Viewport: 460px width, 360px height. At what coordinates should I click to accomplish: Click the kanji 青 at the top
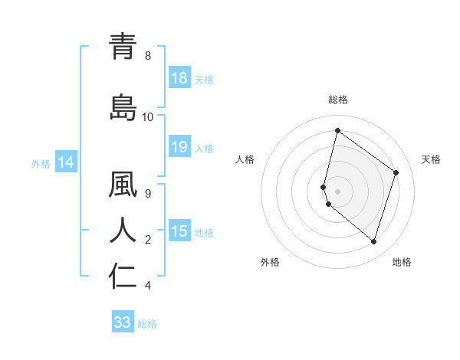(123, 47)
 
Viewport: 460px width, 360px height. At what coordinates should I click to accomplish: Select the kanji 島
(123, 107)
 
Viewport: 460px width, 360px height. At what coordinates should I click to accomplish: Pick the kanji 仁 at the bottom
(123, 276)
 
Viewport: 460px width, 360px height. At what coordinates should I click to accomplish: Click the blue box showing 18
(179, 78)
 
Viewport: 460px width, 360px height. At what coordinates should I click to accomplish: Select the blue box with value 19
(179, 147)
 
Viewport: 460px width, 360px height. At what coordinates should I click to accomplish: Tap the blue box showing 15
(179, 231)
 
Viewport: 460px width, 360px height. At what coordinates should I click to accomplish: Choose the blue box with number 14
(66, 162)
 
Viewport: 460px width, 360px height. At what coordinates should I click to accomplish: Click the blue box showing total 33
(123, 322)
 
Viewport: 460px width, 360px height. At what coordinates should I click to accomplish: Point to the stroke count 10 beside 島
(147, 116)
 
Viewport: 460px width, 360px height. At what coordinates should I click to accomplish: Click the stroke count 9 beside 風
(147, 194)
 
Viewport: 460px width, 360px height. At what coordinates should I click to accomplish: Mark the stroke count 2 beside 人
(147, 240)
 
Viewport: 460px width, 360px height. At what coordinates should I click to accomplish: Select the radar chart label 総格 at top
(337, 100)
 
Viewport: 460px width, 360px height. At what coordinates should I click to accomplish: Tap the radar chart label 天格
(431, 159)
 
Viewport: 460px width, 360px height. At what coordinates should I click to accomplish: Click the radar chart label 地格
(402, 262)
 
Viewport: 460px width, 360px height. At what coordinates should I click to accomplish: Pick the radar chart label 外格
(270, 262)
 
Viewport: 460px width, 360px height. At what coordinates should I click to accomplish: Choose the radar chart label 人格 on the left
(245, 159)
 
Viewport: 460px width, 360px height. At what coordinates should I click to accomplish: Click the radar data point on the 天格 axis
(396, 172)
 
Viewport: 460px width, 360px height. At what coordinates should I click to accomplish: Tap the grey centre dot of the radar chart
(337, 191)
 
